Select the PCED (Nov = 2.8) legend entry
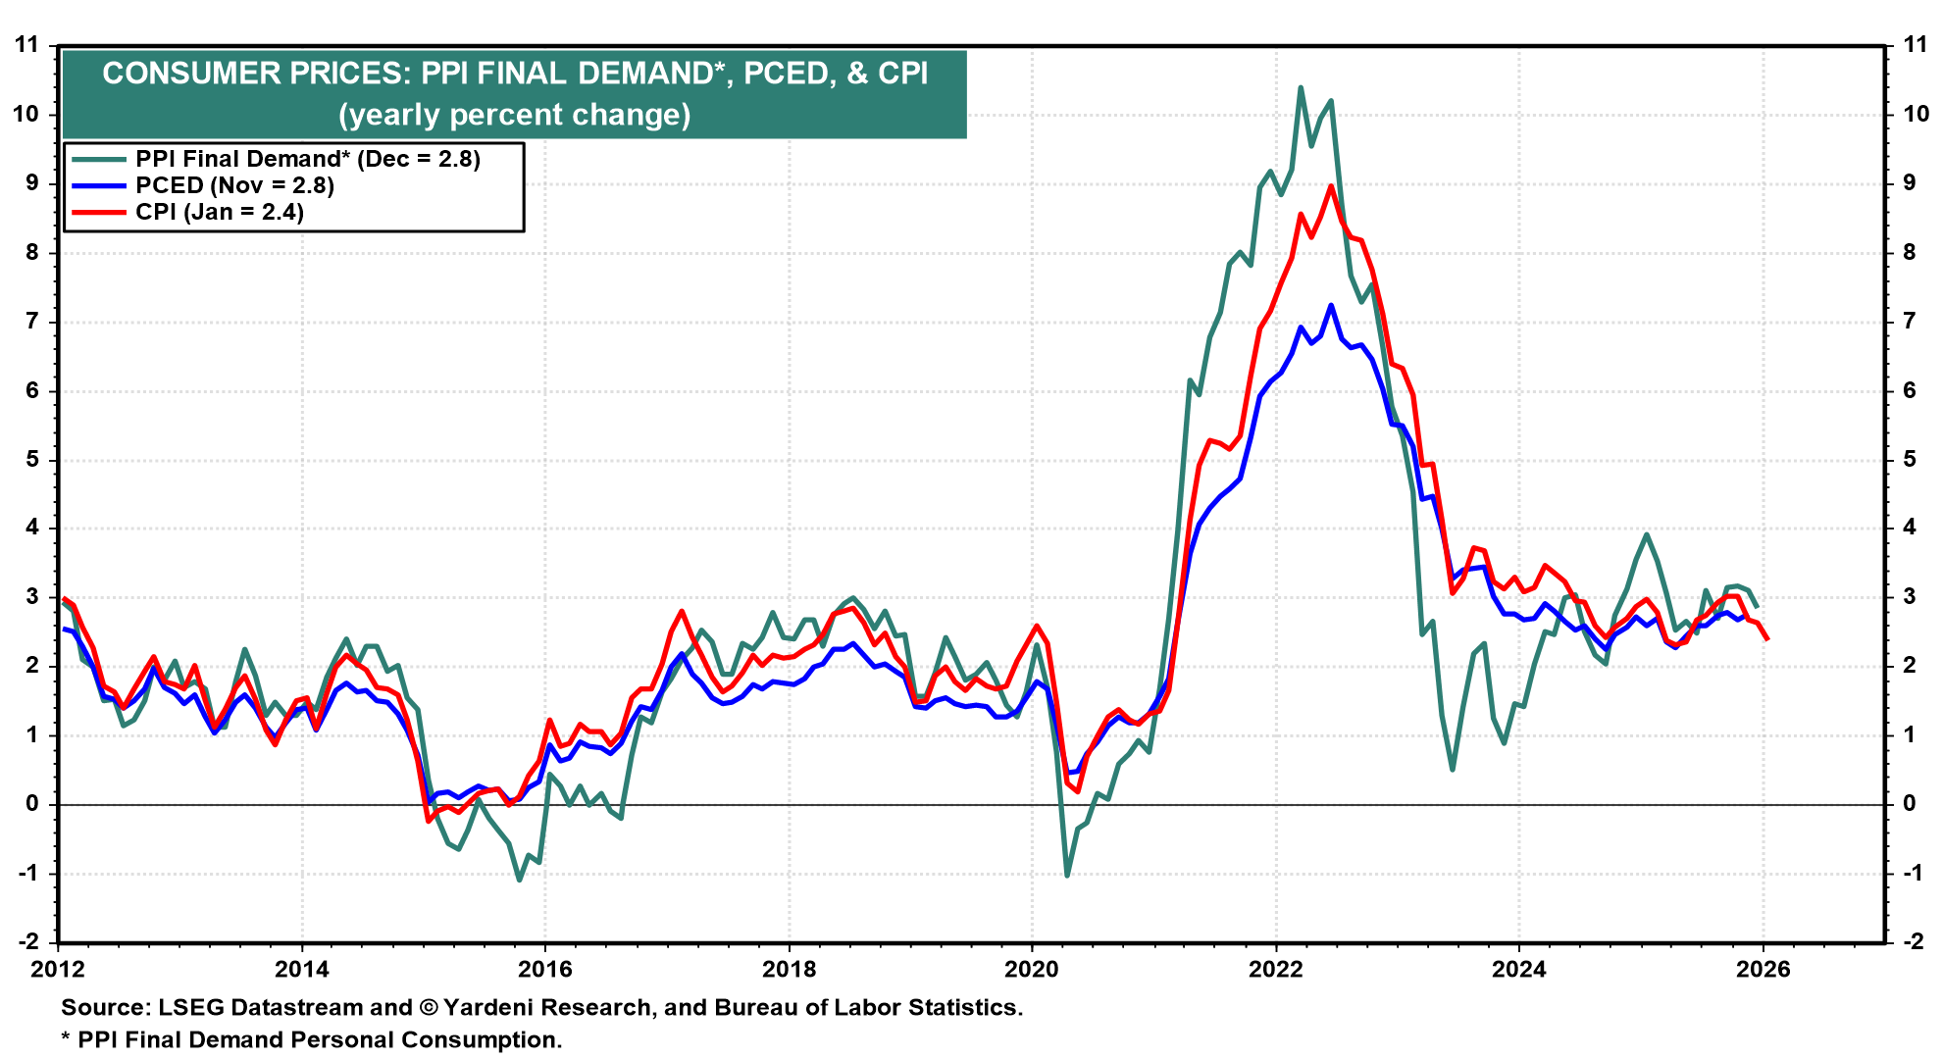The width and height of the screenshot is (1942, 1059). (x=234, y=185)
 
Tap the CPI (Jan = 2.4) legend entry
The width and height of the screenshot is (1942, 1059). (x=220, y=212)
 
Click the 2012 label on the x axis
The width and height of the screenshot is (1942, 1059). (x=58, y=970)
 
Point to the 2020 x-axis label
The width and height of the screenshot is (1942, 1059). (x=1032, y=970)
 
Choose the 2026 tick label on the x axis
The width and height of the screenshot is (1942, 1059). (x=1763, y=970)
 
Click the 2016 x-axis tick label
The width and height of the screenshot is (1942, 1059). (x=545, y=970)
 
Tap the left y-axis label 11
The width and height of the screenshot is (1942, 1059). (x=26, y=44)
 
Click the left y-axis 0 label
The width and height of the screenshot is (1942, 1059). (x=32, y=804)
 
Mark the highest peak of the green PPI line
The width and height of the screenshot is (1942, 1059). (x=1301, y=87)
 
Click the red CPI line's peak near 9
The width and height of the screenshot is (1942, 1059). (x=1331, y=186)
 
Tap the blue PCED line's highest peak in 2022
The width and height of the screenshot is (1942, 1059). (x=1331, y=305)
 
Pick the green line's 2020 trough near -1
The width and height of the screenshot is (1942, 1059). (x=1067, y=875)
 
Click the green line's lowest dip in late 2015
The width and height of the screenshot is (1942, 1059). (x=519, y=880)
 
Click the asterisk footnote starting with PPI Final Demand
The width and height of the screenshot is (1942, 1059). (x=312, y=1039)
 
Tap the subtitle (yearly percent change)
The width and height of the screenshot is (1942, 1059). (x=514, y=115)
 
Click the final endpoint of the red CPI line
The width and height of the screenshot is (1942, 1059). (x=1766, y=639)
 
